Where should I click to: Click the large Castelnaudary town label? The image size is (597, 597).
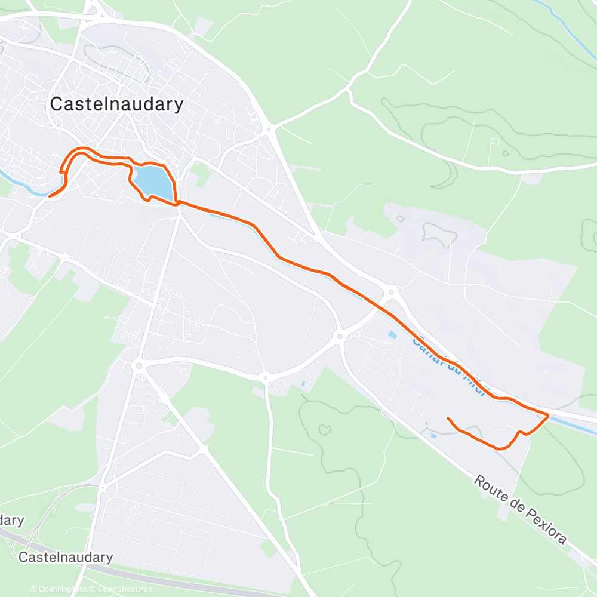tap(116, 104)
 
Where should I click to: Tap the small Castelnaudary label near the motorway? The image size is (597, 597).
tap(66, 557)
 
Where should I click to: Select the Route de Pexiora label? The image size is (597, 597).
tap(520, 509)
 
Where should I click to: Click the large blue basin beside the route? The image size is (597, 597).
tap(153, 181)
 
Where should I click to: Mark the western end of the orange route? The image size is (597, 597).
tap(49, 195)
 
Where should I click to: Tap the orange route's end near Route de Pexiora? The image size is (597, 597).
tap(448, 418)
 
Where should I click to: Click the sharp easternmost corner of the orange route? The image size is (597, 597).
tap(548, 415)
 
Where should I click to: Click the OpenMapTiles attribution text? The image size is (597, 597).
tap(58, 589)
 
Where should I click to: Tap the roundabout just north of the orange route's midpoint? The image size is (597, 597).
tap(392, 292)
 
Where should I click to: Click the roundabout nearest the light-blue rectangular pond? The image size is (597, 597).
tap(340, 337)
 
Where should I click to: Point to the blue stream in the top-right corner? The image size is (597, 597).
tap(567, 24)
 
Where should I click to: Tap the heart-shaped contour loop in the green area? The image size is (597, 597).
tap(325, 429)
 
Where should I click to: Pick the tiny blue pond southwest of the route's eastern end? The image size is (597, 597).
tap(433, 436)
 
